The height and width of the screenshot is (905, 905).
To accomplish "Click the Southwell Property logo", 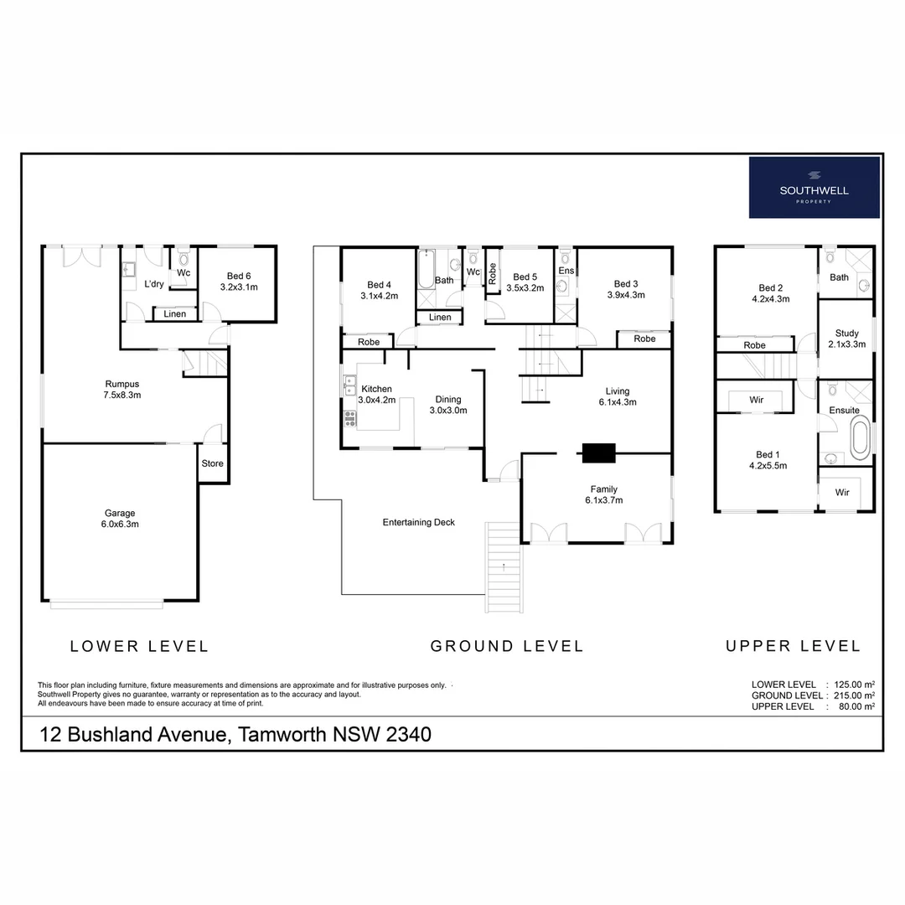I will [x=814, y=187].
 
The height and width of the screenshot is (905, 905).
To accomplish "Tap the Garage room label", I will [x=121, y=519].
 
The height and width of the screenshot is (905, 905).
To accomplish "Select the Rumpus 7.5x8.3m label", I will [x=122, y=390].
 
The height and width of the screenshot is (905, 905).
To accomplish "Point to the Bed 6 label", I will [x=238, y=282].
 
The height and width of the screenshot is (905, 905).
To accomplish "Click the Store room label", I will [x=213, y=463].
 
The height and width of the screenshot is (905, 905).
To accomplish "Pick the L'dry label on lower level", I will [x=154, y=284].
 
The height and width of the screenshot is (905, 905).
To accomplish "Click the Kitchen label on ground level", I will [x=376, y=395].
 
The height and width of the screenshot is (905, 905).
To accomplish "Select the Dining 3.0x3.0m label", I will [x=447, y=406].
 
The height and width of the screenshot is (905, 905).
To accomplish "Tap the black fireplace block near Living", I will [x=598, y=452].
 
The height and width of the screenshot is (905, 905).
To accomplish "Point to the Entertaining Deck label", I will [x=418, y=523].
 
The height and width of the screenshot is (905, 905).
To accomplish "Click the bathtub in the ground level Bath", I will [x=426, y=270].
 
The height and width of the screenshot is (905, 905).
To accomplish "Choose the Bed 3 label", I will [x=626, y=289].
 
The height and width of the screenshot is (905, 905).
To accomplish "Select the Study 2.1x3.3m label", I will [x=847, y=339].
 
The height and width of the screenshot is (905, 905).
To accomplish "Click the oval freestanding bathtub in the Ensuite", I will [x=860, y=441].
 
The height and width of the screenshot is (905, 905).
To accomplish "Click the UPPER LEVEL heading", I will [x=793, y=646].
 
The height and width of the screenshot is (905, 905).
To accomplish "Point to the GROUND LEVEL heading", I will [x=506, y=646].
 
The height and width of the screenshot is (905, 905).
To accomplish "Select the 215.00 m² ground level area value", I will [x=852, y=696].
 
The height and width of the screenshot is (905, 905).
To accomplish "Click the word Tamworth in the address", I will [x=281, y=735].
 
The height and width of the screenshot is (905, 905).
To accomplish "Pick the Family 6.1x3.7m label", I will [x=603, y=494].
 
